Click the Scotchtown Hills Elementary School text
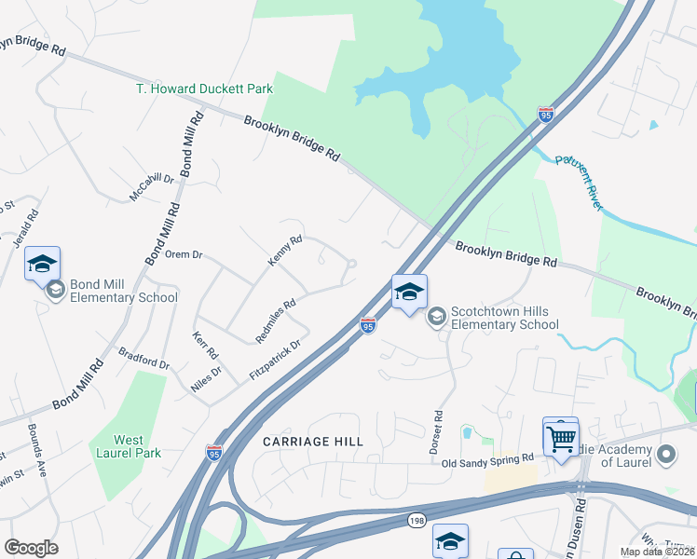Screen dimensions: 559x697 point(504,318)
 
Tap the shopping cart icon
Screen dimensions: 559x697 point(561,436)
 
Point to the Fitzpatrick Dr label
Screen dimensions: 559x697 point(277,360)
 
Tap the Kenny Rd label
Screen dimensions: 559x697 point(285,252)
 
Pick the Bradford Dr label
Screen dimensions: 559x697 point(144,358)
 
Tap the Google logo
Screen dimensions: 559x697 point(31,548)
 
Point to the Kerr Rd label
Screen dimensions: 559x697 point(205,346)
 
